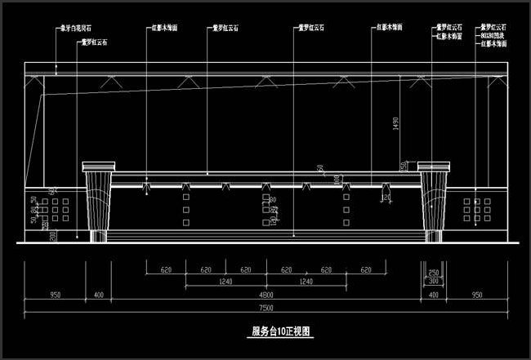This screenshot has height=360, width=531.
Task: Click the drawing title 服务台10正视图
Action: click(280, 332)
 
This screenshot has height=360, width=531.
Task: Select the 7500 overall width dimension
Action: click(265, 307)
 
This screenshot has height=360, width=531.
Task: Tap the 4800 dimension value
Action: click(265, 294)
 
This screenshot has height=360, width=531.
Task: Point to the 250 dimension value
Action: click(434, 273)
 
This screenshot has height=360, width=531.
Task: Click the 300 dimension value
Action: click(434, 281)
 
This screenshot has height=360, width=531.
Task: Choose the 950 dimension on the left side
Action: click(56, 294)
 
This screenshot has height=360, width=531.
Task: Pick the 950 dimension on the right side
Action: click(476, 294)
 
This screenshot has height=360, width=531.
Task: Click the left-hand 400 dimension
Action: click(99, 294)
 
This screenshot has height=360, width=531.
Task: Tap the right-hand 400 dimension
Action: click(433, 294)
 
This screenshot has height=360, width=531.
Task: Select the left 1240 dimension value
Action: click(225, 282)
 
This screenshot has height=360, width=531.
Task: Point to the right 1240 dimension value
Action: click(306, 282)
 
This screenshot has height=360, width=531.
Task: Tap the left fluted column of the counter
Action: click(99, 202)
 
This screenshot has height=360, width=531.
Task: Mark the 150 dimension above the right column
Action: click(404, 166)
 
